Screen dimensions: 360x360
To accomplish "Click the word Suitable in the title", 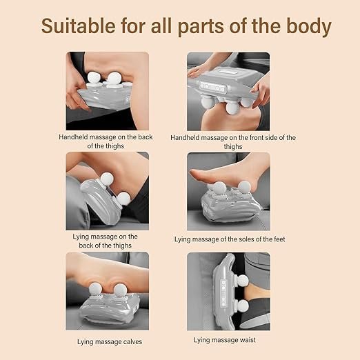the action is point(78,26).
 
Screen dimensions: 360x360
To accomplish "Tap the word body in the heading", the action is point(309,27).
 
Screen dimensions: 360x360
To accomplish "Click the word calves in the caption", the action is point(132,341).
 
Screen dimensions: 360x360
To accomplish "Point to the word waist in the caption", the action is point(246,340).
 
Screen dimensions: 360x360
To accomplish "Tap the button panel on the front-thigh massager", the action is point(213,88).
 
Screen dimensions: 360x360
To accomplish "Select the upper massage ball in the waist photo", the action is point(242,281).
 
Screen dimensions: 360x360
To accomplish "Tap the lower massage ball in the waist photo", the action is point(243,306).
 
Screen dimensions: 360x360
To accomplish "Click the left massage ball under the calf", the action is point(95,290).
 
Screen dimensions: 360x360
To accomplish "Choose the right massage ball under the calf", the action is point(120,290).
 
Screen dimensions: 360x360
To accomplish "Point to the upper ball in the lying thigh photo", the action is point(107,179).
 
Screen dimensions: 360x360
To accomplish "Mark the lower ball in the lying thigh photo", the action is point(123,199).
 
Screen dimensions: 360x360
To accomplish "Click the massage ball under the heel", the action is point(244,188).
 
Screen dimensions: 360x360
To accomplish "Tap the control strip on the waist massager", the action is point(223,294).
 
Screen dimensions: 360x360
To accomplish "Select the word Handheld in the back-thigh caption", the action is point(73,137).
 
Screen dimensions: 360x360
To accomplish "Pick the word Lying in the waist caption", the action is point(201,340).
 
